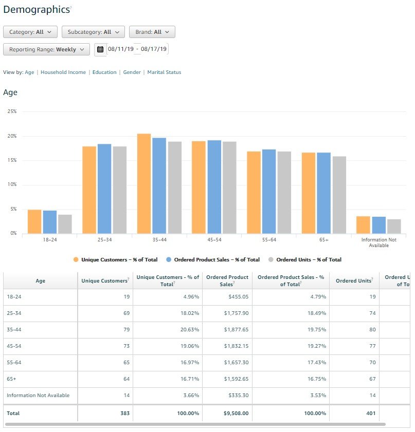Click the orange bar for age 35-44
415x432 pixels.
coord(144,183)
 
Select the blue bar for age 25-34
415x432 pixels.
coord(104,189)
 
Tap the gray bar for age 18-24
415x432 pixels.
coord(65,224)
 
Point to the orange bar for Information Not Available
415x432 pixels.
coord(363,224)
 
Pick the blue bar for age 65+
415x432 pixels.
coord(324,193)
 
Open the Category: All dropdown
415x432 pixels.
coord(30,32)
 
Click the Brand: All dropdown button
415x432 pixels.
coord(152,32)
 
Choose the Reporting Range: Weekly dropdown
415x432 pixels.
coord(46,49)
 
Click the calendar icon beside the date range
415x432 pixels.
coord(100,49)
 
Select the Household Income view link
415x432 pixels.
coord(63,72)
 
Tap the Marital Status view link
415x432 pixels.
coord(164,72)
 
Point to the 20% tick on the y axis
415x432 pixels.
coord(11,136)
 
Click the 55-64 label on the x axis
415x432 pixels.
coord(269,239)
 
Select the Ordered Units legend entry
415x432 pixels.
coord(309,259)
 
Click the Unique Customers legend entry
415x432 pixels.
coord(119,259)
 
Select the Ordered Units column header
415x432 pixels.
coord(354,280)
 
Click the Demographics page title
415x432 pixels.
coord(36,9)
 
